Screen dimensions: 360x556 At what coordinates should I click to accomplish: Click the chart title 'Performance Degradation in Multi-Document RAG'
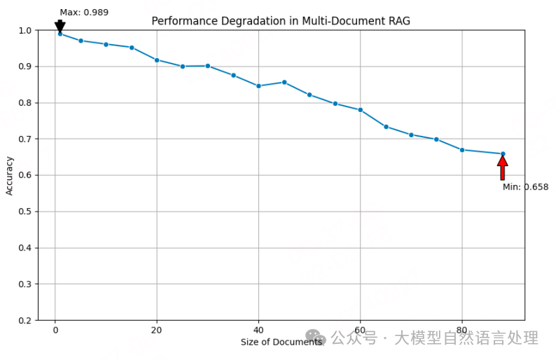coord(281,21)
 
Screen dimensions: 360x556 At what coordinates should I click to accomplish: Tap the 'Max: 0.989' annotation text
coord(84,12)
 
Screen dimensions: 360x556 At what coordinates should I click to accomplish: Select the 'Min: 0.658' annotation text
coord(525,187)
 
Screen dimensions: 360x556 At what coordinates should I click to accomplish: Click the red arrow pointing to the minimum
coord(502,168)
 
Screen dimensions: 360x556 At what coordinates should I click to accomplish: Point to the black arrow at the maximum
coord(60,26)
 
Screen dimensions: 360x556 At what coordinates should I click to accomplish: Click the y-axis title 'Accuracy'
coord(10,175)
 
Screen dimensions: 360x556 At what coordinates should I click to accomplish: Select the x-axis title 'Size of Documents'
coord(281,342)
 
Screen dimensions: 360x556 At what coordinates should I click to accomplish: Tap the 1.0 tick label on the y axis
coord(25,30)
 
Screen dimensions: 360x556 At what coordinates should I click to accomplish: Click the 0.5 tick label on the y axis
coord(25,212)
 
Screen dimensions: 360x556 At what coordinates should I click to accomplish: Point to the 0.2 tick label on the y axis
coord(25,320)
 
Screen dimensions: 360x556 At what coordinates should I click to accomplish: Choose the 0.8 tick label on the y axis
coord(25,103)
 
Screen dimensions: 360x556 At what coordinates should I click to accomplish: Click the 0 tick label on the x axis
coord(55,331)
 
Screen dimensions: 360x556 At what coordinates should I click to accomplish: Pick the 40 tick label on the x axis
coord(258,331)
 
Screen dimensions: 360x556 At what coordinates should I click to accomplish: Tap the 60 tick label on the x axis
coord(360,331)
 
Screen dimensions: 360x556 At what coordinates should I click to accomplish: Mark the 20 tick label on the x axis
coord(157,331)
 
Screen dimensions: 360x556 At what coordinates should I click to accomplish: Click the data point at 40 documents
coord(258,86)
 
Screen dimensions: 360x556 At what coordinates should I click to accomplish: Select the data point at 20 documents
coord(157,60)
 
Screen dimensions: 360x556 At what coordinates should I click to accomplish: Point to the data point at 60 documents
coord(360,110)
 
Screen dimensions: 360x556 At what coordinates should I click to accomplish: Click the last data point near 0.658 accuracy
coord(503,153)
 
